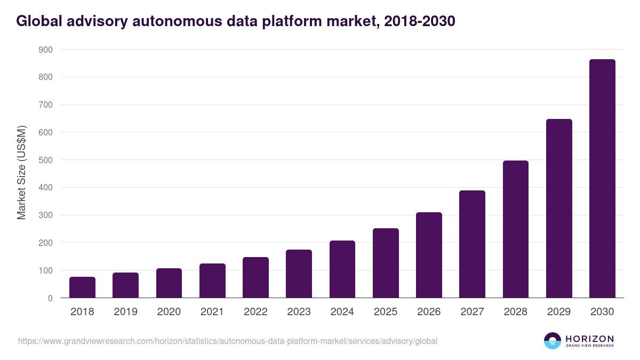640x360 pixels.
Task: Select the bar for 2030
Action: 602,179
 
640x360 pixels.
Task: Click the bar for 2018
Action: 82,287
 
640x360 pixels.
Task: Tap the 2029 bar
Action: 559,209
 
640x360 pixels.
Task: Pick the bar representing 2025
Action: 386,263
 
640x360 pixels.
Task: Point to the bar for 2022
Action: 255,277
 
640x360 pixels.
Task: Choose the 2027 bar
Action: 472,244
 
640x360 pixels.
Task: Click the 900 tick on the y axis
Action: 45,50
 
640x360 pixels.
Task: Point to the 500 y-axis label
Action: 45,160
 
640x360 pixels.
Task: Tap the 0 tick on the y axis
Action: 50,298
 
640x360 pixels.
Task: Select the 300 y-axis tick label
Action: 45,215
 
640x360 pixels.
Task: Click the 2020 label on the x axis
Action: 169,312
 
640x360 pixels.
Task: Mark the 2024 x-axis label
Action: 342,312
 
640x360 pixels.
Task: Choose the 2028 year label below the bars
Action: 516,312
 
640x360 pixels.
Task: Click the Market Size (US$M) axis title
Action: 21,173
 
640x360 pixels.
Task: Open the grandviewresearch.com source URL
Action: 228,341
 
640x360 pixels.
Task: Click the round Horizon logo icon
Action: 553,341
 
